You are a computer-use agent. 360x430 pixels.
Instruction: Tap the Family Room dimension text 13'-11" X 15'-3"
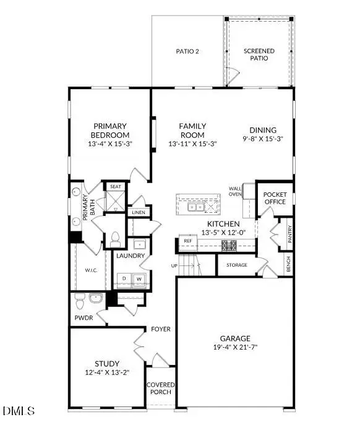pyautogui.click(x=192, y=144)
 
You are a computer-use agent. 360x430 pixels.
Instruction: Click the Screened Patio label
pyautogui.click(x=259, y=54)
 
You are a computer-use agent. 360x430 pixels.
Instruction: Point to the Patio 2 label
pyautogui.click(x=187, y=51)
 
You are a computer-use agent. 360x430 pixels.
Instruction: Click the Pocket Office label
pyautogui.click(x=275, y=198)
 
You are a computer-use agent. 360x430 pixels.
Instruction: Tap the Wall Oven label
pyautogui.click(x=235, y=191)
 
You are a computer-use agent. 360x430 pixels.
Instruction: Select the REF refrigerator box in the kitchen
pyautogui.click(x=187, y=241)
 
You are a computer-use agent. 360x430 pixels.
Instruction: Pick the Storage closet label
pyautogui.click(x=236, y=265)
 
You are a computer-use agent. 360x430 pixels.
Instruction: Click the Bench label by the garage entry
pyautogui.click(x=288, y=264)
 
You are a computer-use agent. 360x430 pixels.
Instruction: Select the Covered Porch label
pyautogui.click(x=161, y=389)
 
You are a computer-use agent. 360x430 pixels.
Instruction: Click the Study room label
pyautogui.click(x=107, y=363)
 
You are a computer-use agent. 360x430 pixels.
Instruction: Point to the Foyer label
pyautogui.click(x=161, y=329)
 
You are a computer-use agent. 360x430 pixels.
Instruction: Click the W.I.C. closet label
pyautogui.click(x=91, y=270)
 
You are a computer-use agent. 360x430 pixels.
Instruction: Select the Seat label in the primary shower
pyautogui.click(x=116, y=186)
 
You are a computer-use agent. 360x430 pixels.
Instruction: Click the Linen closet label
pyautogui.click(x=138, y=212)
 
